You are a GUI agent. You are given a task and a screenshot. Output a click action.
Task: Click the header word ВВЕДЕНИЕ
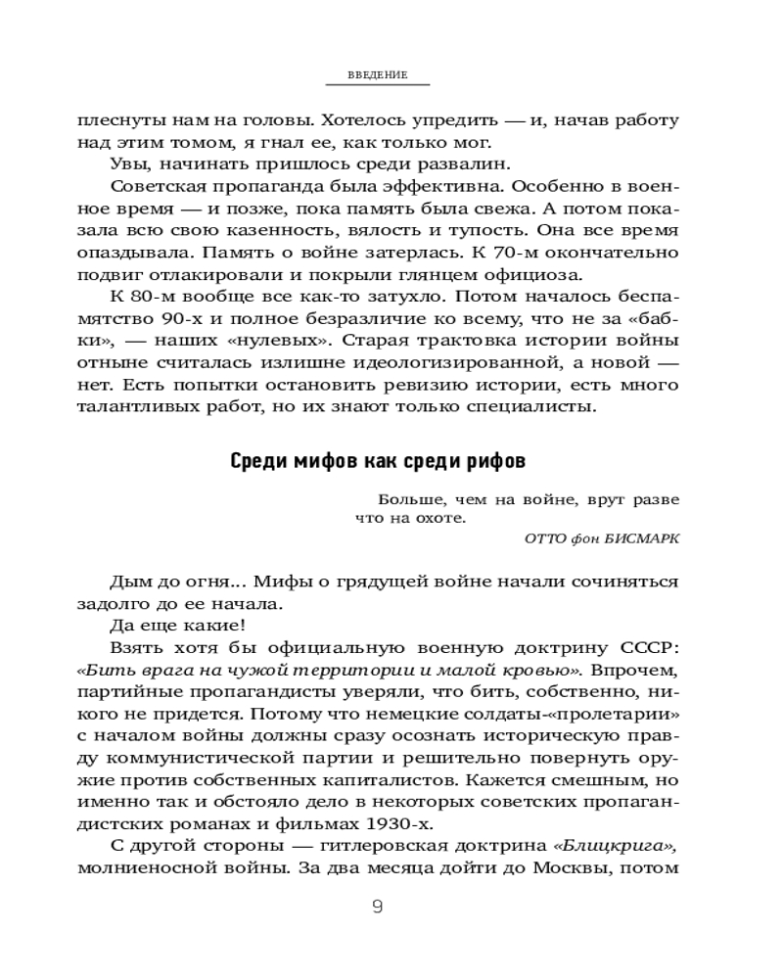coord(378,75)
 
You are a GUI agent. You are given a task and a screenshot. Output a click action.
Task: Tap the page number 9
coord(378,907)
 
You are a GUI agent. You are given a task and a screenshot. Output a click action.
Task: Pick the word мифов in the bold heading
coord(317,461)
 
